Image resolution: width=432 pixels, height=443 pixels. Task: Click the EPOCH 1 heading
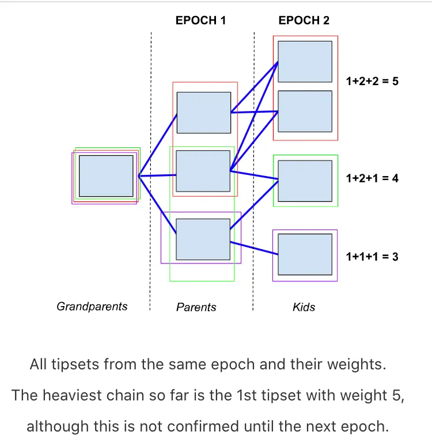[x=200, y=21]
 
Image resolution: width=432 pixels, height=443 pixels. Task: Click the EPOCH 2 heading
[x=304, y=21]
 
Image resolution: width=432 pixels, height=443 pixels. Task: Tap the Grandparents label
[x=92, y=306]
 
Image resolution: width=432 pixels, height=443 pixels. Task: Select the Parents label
[x=196, y=307]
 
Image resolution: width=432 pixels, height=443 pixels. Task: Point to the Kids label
[x=304, y=307]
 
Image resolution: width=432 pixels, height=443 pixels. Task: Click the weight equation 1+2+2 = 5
[x=372, y=81]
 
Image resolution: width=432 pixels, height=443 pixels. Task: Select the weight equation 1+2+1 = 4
[x=372, y=178]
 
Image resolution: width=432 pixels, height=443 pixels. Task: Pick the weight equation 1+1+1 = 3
[x=372, y=257]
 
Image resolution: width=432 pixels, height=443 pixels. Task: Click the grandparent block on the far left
[x=106, y=175]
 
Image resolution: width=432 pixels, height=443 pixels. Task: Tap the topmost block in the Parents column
[x=203, y=112]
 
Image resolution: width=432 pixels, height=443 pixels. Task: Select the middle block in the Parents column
[x=203, y=170]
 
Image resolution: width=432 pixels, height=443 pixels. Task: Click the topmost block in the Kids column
[x=305, y=61]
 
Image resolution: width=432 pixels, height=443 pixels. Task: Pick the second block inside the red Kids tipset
[x=305, y=111]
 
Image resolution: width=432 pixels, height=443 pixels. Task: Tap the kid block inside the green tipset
[x=305, y=181]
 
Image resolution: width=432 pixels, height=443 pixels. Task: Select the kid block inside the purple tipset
[x=305, y=254]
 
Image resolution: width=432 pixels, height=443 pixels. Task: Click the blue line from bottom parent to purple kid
[x=254, y=248]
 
